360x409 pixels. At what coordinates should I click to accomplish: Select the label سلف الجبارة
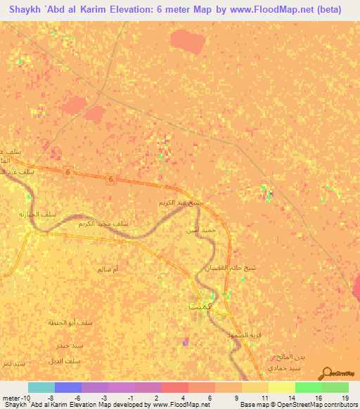pos(32,213)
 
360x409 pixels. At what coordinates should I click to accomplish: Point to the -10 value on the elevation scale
pos(17,396)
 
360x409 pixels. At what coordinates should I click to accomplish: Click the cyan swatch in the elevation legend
pos(41,387)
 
